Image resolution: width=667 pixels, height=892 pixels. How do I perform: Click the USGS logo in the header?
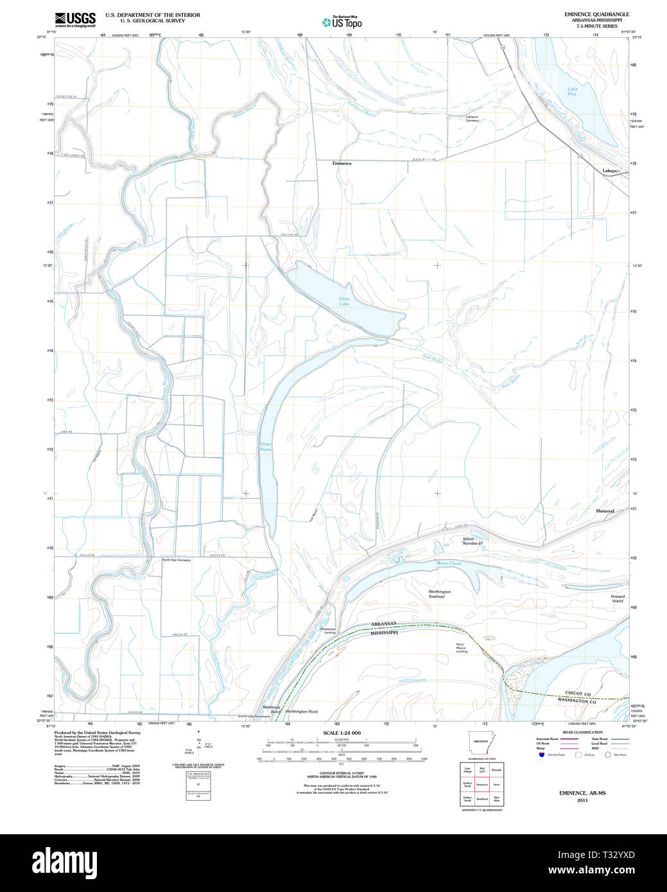(75, 19)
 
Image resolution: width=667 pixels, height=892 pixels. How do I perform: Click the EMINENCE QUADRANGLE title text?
(596, 14)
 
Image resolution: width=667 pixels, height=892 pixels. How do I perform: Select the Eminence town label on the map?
(342, 164)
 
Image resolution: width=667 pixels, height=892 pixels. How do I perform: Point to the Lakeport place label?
(612, 171)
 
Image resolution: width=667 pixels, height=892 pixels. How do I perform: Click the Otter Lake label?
(345, 301)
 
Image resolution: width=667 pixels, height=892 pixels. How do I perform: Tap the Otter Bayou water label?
(265, 447)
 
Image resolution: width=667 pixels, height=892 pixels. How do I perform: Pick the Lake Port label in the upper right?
(571, 92)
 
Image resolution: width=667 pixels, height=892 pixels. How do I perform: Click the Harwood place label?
(605, 511)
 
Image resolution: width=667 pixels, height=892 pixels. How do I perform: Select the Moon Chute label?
(449, 563)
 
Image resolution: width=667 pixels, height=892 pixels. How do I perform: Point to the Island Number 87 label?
(472, 541)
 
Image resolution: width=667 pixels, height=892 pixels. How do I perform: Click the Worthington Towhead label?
(440, 594)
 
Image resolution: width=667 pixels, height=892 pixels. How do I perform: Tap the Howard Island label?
(617, 599)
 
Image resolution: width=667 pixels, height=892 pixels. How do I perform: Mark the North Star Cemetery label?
(176, 560)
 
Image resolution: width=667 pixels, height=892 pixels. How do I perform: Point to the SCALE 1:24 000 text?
(342, 733)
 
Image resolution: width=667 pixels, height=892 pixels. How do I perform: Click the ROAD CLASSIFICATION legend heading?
(582, 732)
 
